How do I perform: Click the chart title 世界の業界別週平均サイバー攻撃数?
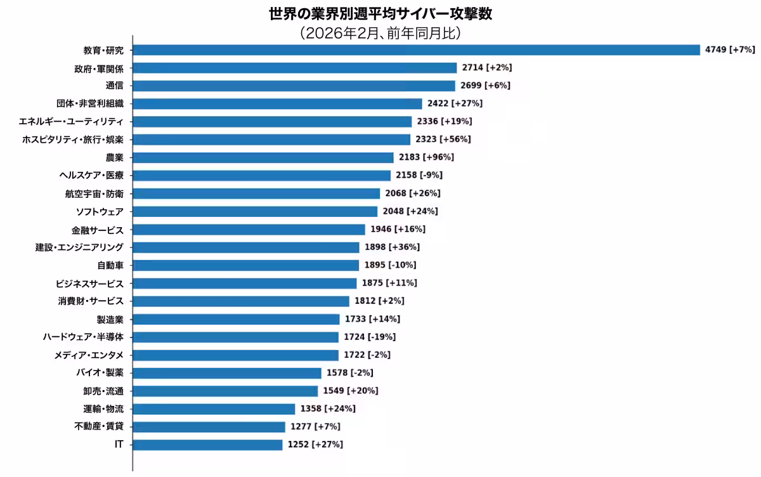click(380, 14)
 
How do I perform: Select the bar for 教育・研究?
click(416, 49)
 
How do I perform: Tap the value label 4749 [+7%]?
click(729, 49)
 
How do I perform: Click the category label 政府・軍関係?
click(99, 68)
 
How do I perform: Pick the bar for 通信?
click(294, 86)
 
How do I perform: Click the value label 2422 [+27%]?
click(455, 103)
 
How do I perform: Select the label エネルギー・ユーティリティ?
click(72, 121)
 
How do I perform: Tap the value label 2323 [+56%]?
click(443, 139)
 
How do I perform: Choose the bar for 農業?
click(263, 157)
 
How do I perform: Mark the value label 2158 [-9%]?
click(419, 175)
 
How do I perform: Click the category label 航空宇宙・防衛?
click(94, 193)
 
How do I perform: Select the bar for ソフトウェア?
click(255, 211)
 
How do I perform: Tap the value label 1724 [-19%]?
click(370, 337)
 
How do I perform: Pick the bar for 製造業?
click(236, 319)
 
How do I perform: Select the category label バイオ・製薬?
click(100, 373)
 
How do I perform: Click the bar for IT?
click(207, 445)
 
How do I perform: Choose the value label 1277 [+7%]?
click(315, 427)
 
